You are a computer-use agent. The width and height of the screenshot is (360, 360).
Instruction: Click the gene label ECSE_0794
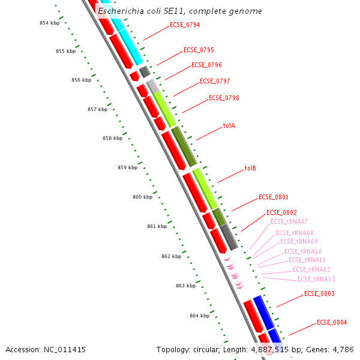tap(185, 25)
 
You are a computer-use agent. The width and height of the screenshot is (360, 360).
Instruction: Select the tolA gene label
tap(229, 126)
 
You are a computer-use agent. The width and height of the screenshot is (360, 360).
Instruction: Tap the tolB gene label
tap(250, 169)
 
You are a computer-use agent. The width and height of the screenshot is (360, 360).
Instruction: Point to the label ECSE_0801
tap(274, 197)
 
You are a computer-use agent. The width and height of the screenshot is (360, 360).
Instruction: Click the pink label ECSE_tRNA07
tap(289, 222)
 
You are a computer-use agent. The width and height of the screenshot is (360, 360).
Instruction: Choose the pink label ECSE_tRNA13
tap(316, 280)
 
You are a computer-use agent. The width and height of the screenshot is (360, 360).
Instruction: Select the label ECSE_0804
tap(332, 323)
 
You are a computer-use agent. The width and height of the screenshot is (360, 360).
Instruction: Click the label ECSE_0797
tap(215, 81)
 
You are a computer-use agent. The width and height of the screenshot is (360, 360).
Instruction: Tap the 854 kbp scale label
tap(50, 23)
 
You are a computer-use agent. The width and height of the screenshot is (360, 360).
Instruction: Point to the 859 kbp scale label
tap(127, 167)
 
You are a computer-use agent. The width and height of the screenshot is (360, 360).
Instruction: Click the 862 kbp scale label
tap(171, 256)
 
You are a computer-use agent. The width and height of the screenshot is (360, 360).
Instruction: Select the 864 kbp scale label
tap(199, 316)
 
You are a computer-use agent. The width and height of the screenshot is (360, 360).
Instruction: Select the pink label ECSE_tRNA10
tap(303, 252)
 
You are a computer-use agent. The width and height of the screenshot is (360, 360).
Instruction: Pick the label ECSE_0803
tap(319, 294)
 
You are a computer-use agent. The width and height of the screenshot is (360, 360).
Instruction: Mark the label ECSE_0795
tap(199, 50)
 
